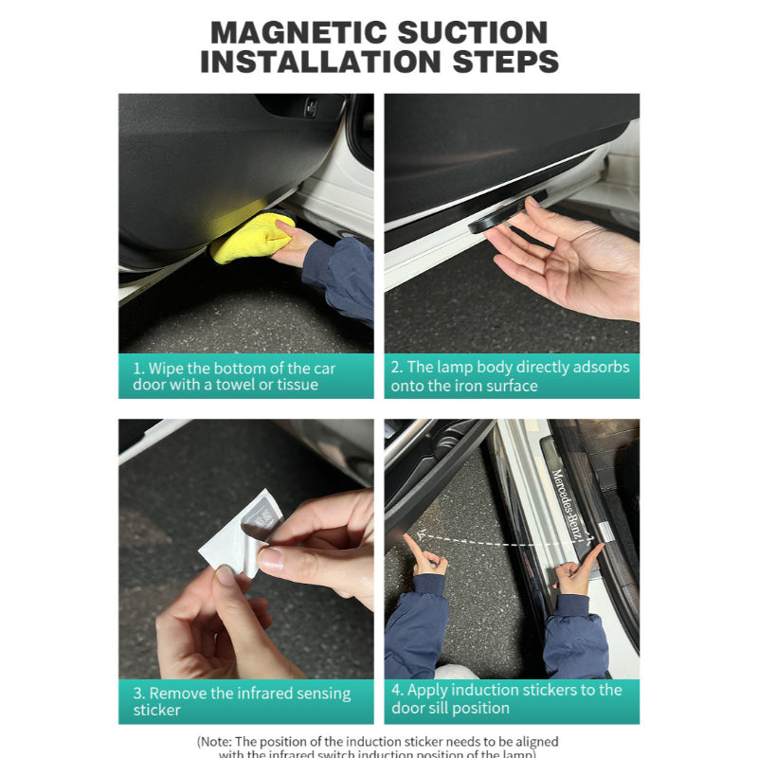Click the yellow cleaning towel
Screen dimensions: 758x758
tap(251, 238)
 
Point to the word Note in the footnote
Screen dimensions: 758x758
tap(219, 742)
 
